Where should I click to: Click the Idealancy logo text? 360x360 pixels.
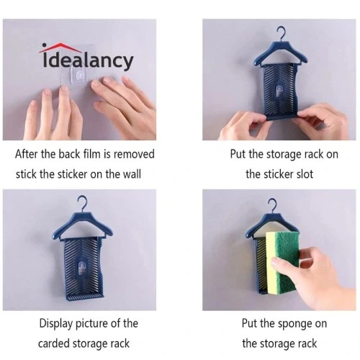(88, 60)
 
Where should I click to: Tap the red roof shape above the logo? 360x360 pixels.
(60, 48)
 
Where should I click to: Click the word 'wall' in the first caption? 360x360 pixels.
(132, 174)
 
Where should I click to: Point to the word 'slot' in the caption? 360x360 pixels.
(305, 174)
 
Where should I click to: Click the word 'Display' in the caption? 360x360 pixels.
(56, 324)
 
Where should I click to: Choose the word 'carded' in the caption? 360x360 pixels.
(54, 343)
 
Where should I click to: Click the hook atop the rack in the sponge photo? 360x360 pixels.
(274, 205)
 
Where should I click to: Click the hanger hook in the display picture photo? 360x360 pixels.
(83, 203)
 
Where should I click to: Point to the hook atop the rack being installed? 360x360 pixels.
(282, 34)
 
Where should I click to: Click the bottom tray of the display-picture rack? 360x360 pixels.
(85, 297)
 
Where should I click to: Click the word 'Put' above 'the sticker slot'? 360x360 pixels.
(238, 154)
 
